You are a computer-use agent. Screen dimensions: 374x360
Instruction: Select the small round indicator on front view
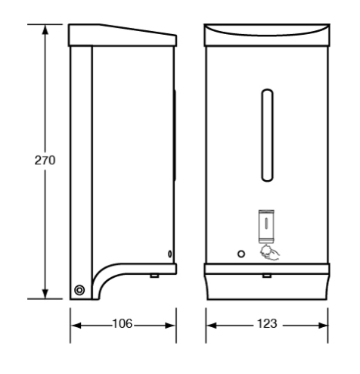click(x=241, y=252)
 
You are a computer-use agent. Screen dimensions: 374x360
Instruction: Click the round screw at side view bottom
click(x=79, y=288)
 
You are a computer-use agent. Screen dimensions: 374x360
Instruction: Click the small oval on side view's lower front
click(x=169, y=253)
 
